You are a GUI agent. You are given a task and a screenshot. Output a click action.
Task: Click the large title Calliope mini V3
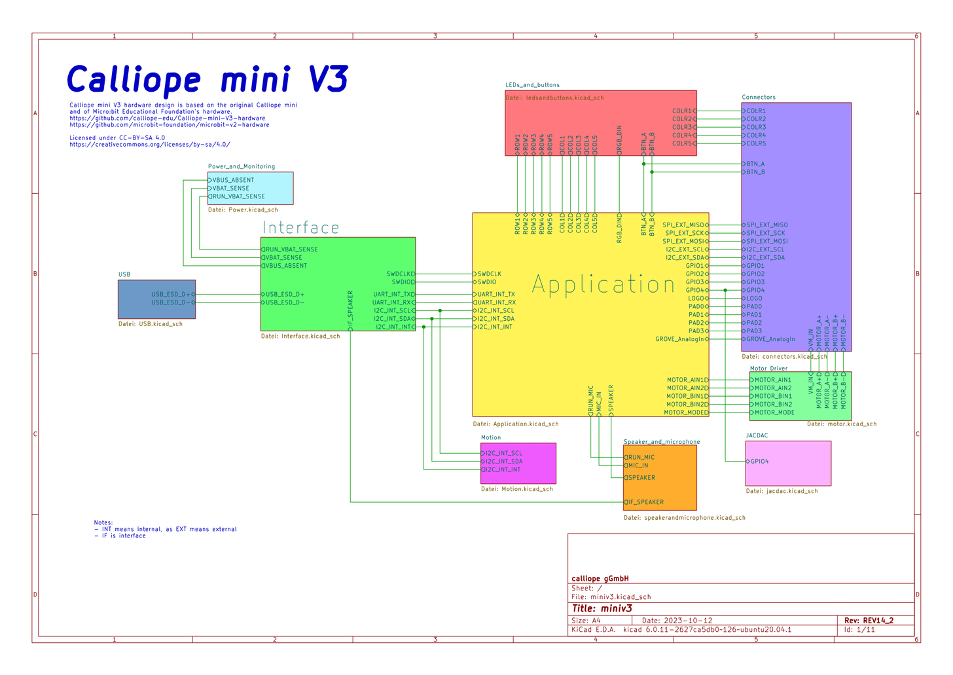207,80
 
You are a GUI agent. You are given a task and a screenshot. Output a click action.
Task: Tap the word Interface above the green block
300,228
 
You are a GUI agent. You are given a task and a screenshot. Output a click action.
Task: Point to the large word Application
603,285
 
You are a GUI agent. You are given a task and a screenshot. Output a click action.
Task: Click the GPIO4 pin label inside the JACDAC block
759,462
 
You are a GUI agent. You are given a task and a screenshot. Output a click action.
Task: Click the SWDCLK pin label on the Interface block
399,274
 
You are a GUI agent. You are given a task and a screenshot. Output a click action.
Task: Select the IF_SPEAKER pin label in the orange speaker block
645,502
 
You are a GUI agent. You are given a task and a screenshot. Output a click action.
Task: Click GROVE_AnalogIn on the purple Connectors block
770,339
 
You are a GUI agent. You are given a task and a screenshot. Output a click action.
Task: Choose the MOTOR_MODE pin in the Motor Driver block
774,412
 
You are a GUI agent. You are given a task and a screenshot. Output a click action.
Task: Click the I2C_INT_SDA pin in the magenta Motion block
503,462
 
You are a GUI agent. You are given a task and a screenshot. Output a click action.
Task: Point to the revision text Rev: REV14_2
869,620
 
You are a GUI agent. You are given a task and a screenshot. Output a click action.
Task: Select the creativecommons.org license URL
150,145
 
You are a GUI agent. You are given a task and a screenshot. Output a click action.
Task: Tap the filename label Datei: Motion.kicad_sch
516,489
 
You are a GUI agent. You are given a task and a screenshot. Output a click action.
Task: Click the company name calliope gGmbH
600,579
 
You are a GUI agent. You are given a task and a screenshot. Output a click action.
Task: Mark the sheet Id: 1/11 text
859,630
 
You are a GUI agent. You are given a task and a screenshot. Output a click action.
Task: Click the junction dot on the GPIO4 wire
725,290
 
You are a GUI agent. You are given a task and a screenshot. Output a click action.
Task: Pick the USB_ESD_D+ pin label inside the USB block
171,295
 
